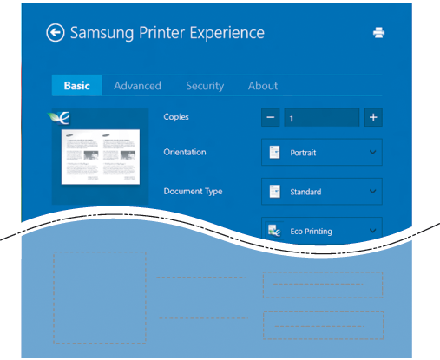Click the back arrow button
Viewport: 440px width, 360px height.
(x=55, y=32)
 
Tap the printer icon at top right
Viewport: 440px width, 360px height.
(x=378, y=32)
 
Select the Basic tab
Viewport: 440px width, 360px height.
(x=77, y=86)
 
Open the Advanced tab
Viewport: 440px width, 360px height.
(x=137, y=86)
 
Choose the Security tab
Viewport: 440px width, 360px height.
(x=205, y=86)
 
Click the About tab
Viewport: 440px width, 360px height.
(x=263, y=86)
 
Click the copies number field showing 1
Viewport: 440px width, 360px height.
(x=322, y=117)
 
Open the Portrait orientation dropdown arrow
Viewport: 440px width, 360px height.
(x=372, y=152)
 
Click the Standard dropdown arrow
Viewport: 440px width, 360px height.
(x=372, y=192)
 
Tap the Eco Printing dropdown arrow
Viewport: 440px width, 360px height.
(x=372, y=231)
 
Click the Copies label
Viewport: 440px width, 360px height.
(x=176, y=117)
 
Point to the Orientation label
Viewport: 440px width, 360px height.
(x=185, y=152)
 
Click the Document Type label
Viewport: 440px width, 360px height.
(x=193, y=191)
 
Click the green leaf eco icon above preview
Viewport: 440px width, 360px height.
(x=59, y=118)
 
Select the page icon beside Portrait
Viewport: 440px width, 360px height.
(x=274, y=153)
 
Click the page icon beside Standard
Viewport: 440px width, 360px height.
(x=274, y=192)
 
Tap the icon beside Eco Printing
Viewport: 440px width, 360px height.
(x=274, y=231)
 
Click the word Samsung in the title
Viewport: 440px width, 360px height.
(x=102, y=33)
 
